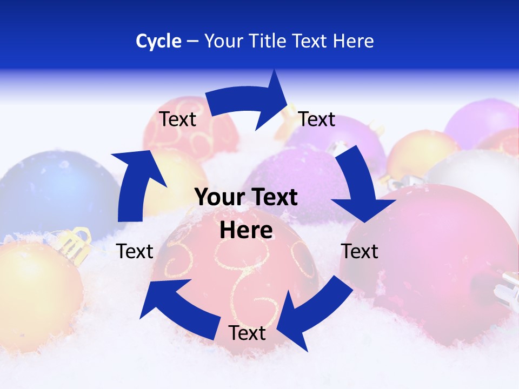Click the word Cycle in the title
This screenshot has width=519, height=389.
158,41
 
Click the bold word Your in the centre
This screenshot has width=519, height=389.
218,198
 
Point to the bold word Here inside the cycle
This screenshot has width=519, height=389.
246,230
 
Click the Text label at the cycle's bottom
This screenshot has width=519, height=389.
247,333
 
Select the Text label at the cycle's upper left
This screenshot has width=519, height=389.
177,119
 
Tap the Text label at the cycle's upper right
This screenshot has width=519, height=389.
317,119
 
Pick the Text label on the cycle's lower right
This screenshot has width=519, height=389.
360,251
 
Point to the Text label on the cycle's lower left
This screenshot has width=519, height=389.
135,251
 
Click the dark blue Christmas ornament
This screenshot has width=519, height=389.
54,189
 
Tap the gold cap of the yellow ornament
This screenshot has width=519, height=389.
76,243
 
